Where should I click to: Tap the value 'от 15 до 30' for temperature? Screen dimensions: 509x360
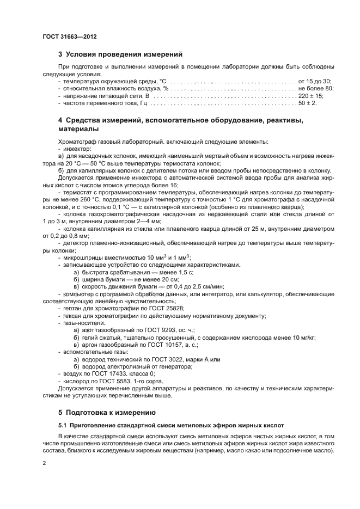[x=315, y=81]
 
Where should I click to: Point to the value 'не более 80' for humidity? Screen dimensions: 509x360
[x=315, y=88]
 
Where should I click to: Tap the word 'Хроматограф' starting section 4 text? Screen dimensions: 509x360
[x=78, y=141]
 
